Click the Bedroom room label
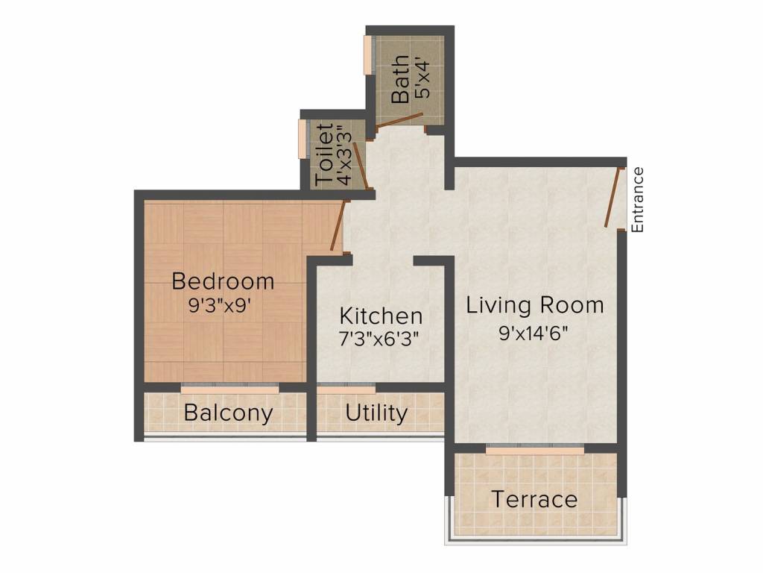point(223,281)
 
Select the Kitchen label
point(381,316)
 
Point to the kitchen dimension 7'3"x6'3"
point(379,338)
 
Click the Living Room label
point(535,305)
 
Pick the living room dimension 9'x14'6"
point(534,334)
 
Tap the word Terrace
point(534,499)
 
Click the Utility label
point(376,413)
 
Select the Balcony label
point(228,413)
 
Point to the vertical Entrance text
point(638,200)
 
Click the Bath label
point(400,79)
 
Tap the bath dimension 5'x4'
point(422,78)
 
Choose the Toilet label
point(325,154)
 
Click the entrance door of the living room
point(614,197)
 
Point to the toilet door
point(361,165)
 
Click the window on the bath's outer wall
point(368,54)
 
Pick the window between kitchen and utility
point(346,388)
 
